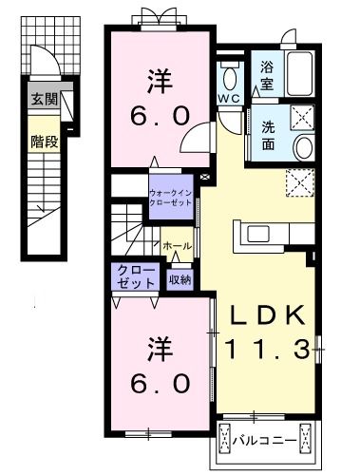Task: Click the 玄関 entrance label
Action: [44, 98]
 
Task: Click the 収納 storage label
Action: [180, 279]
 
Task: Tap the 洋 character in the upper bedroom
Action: [160, 79]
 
